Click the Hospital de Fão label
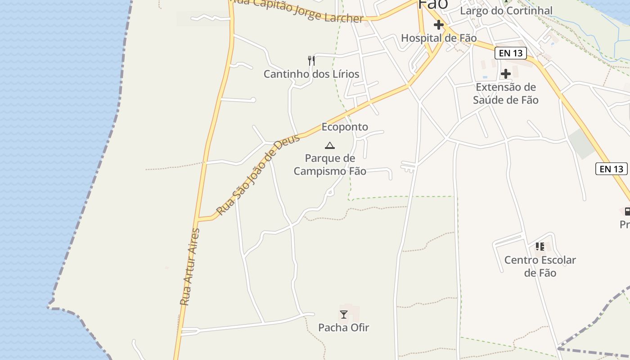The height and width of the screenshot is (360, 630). pyautogui.click(x=438, y=38)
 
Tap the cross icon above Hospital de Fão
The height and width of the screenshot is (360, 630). pyautogui.click(x=438, y=25)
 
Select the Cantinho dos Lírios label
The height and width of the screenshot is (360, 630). pyautogui.click(x=311, y=74)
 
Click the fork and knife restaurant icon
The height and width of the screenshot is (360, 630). pyautogui.click(x=311, y=61)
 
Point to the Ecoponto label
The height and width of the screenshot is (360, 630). pyautogui.click(x=345, y=127)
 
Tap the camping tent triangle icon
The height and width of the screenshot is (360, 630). pyautogui.click(x=330, y=145)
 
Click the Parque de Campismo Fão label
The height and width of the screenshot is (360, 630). pyautogui.click(x=330, y=165)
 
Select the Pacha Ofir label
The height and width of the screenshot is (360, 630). pyautogui.click(x=343, y=328)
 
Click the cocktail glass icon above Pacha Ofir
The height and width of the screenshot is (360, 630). pyautogui.click(x=344, y=315)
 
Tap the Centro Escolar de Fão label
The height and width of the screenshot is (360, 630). pyautogui.click(x=540, y=266)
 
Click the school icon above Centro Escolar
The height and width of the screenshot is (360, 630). pyautogui.click(x=540, y=247)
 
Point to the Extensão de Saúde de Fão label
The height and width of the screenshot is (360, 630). pyautogui.click(x=505, y=93)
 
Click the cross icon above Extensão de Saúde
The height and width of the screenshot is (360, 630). pyautogui.click(x=505, y=73)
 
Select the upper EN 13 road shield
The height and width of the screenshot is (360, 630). pyautogui.click(x=511, y=53)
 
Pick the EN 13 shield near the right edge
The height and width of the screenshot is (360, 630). pyautogui.click(x=611, y=169)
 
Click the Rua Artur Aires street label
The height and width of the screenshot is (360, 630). pyautogui.click(x=189, y=267)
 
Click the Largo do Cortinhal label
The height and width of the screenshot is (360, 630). pyautogui.click(x=506, y=10)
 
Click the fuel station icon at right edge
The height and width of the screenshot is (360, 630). pyautogui.click(x=627, y=211)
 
